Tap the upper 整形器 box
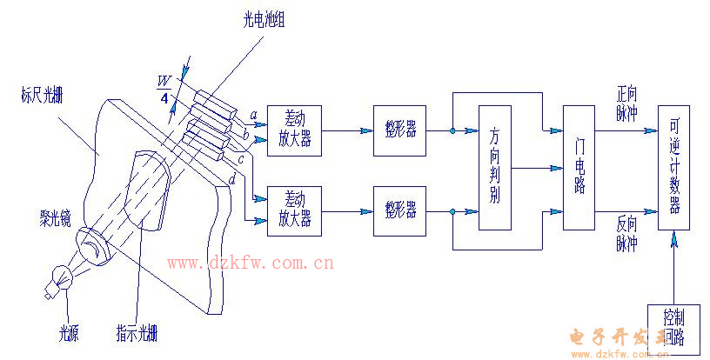[x=400, y=131]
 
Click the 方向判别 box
[x=494, y=167]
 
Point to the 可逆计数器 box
[x=674, y=167]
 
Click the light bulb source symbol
[x=59, y=277]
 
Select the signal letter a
[x=252, y=116]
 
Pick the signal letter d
[x=232, y=179]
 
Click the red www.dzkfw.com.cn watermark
[x=251, y=263]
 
